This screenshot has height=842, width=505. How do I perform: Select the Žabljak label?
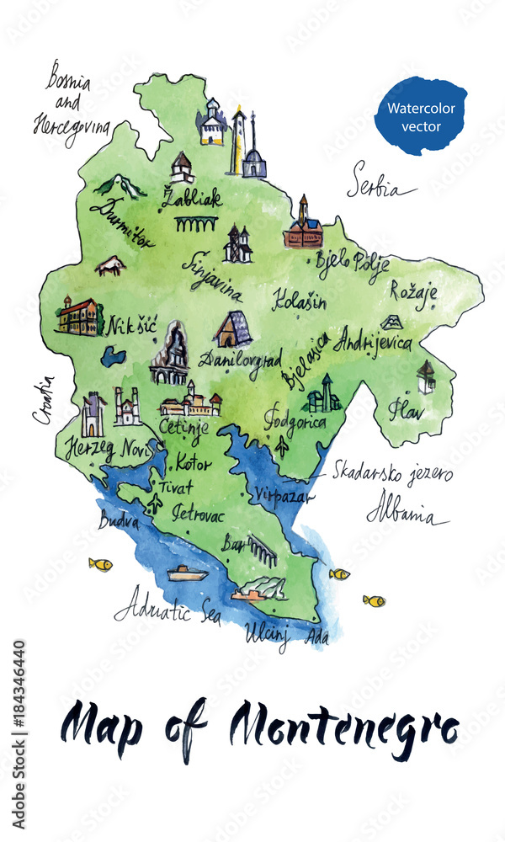click(x=193, y=199)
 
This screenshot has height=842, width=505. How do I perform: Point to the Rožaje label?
click(x=412, y=290)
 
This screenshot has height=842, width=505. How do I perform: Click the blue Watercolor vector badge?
click(x=421, y=117)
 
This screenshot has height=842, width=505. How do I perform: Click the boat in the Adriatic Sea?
click(x=187, y=573)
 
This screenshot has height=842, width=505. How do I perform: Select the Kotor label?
click(x=194, y=462)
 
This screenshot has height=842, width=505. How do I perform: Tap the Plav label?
click(x=407, y=410)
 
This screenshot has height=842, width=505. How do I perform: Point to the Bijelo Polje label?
click(x=352, y=263)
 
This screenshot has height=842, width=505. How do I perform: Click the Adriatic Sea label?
click(x=167, y=609)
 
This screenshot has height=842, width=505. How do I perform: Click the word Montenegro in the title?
click(x=345, y=726)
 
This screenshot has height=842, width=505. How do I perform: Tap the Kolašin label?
click(x=299, y=299)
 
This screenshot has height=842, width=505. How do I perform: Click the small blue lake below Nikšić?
click(x=113, y=356)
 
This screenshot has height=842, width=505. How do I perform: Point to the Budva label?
click(x=119, y=520)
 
